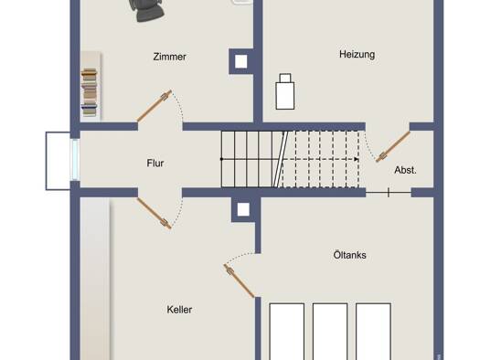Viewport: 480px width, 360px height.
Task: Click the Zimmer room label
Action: [x=169, y=57]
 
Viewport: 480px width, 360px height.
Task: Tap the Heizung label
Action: [x=357, y=55]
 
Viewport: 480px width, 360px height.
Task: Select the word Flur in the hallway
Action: [x=155, y=163]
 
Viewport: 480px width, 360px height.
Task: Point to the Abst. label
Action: [x=405, y=170]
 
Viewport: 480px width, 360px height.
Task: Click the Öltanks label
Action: [x=349, y=255]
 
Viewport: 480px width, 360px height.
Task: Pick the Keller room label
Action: [x=179, y=310]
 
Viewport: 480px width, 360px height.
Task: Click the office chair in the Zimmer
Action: [x=146, y=10]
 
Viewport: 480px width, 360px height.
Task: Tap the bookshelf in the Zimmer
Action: [x=90, y=92]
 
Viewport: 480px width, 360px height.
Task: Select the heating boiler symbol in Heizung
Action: [x=285, y=91]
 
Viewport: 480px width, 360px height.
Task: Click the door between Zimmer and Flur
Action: [x=154, y=106]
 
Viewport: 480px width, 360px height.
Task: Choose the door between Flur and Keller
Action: [x=154, y=213]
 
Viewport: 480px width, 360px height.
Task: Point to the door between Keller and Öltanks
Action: [x=239, y=281]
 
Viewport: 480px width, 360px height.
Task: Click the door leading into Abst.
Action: [x=393, y=146]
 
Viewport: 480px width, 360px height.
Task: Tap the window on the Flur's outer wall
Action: [x=75, y=159]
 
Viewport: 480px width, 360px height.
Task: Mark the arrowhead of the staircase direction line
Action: [x=357, y=159]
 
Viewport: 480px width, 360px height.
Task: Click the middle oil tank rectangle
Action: [x=330, y=332]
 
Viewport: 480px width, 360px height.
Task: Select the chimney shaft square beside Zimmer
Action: [x=241, y=61]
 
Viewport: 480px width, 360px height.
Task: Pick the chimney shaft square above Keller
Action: [x=243, y=210]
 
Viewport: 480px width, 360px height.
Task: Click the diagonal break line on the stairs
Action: [x=281, y=159]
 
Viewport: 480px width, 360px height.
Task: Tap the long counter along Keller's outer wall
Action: [x=95, y=279]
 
